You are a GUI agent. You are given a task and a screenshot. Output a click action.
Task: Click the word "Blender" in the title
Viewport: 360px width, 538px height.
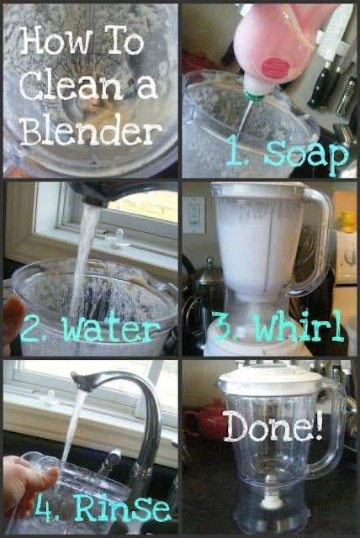pos(92,131)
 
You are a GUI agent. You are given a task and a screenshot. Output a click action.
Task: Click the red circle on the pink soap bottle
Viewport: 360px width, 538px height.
pos(273,67)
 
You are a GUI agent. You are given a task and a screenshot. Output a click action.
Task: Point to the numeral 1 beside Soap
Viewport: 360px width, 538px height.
pos(236,150)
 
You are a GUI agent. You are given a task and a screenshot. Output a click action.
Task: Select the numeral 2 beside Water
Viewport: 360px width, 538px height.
pos(33,329)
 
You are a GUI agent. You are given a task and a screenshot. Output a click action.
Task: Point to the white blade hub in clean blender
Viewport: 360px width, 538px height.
pos(272,502)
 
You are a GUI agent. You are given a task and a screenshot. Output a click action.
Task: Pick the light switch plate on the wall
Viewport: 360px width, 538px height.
pos(194,214)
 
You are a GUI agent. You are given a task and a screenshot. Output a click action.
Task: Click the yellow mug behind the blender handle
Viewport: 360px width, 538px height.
pos(347,221)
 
